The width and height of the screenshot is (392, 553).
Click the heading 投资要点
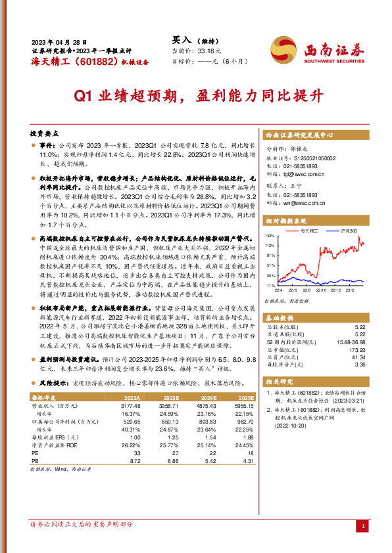click(45, 132)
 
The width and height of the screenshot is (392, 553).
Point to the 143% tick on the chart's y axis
click(270, 234)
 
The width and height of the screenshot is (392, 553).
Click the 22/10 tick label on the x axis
click(321, 290)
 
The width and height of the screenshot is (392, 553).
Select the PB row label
click(35, 461)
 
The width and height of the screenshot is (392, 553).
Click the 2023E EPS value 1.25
click(172, 437)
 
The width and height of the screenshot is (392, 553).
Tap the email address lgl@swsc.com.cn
click(299, 174)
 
